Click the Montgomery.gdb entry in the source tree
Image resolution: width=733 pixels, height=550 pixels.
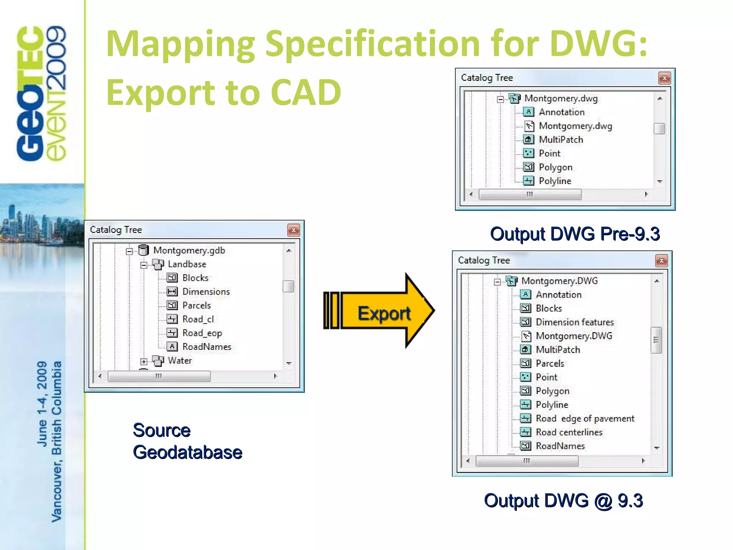189,250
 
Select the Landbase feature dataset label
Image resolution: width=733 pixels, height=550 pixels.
187,264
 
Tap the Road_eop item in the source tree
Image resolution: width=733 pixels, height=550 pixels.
202,333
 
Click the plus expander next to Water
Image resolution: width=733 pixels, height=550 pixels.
144,361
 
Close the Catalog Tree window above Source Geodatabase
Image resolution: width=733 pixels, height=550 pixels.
293,230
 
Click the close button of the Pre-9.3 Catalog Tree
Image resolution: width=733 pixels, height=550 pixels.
664,78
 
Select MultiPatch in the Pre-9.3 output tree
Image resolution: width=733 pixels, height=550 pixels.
561,140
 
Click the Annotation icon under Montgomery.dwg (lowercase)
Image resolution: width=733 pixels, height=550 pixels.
529,112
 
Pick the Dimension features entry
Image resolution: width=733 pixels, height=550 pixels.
574,322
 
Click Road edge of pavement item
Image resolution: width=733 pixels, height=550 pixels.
585,419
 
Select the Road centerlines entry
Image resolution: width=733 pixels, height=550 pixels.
569,432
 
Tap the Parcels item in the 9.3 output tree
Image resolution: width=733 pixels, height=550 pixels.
550,363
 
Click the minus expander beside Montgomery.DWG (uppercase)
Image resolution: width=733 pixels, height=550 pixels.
497,282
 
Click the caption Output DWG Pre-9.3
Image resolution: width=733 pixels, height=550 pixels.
574,234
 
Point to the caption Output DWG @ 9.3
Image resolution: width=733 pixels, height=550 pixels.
563,501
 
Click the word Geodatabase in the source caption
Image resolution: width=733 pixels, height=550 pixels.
187,452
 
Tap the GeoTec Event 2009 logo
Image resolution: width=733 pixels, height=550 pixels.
41,93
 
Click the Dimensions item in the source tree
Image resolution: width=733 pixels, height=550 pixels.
206,292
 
